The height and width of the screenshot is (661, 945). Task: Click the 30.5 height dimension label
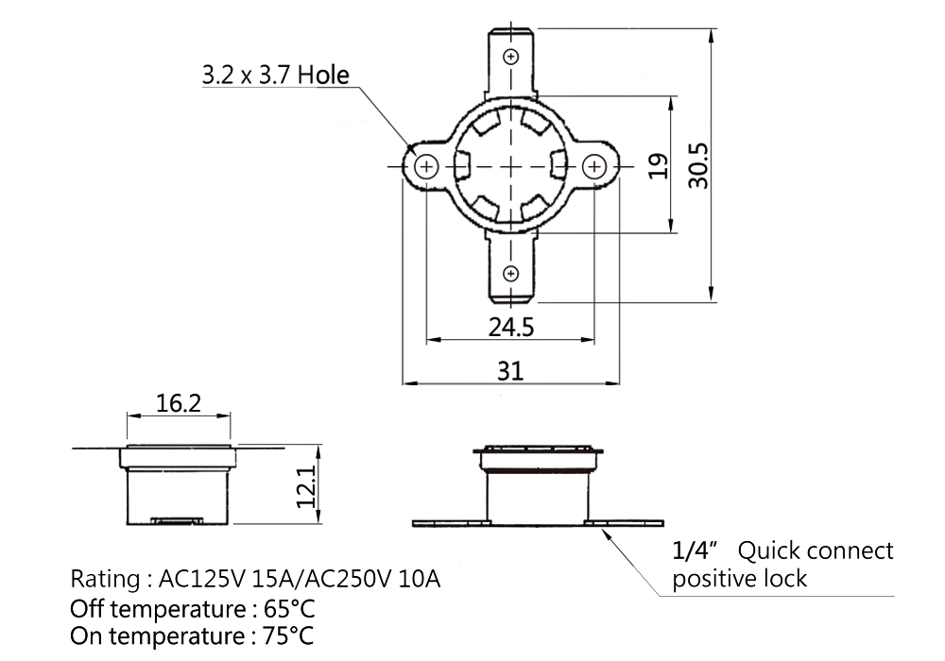click(x=698, y=165)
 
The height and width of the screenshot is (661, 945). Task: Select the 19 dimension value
click(x=658, y=166)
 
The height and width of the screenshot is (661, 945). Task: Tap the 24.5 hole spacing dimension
click(x=511, y=328)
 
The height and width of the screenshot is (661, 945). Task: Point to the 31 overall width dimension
click(x=510, y=371)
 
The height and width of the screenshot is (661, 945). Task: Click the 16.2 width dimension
click(x=179, y=403)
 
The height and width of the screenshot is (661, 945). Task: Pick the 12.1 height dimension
click(x=306, y=486)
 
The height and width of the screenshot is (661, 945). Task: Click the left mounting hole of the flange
click(x=427, y=166)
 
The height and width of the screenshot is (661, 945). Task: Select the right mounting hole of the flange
click(x=594, y=166)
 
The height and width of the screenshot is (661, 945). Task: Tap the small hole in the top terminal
click(x=511, y=57)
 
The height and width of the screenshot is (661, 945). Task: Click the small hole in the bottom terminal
click(x=510, y=274)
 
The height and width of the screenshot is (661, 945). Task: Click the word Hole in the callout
click(x=323, y=76)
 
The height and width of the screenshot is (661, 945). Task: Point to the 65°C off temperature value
click(x=289, y=609)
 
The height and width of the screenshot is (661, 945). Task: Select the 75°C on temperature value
click(x=288, y=636)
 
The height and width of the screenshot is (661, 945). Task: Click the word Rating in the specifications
click(x=106, y=579)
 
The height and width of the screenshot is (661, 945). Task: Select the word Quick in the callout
click(x=771, y=551)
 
